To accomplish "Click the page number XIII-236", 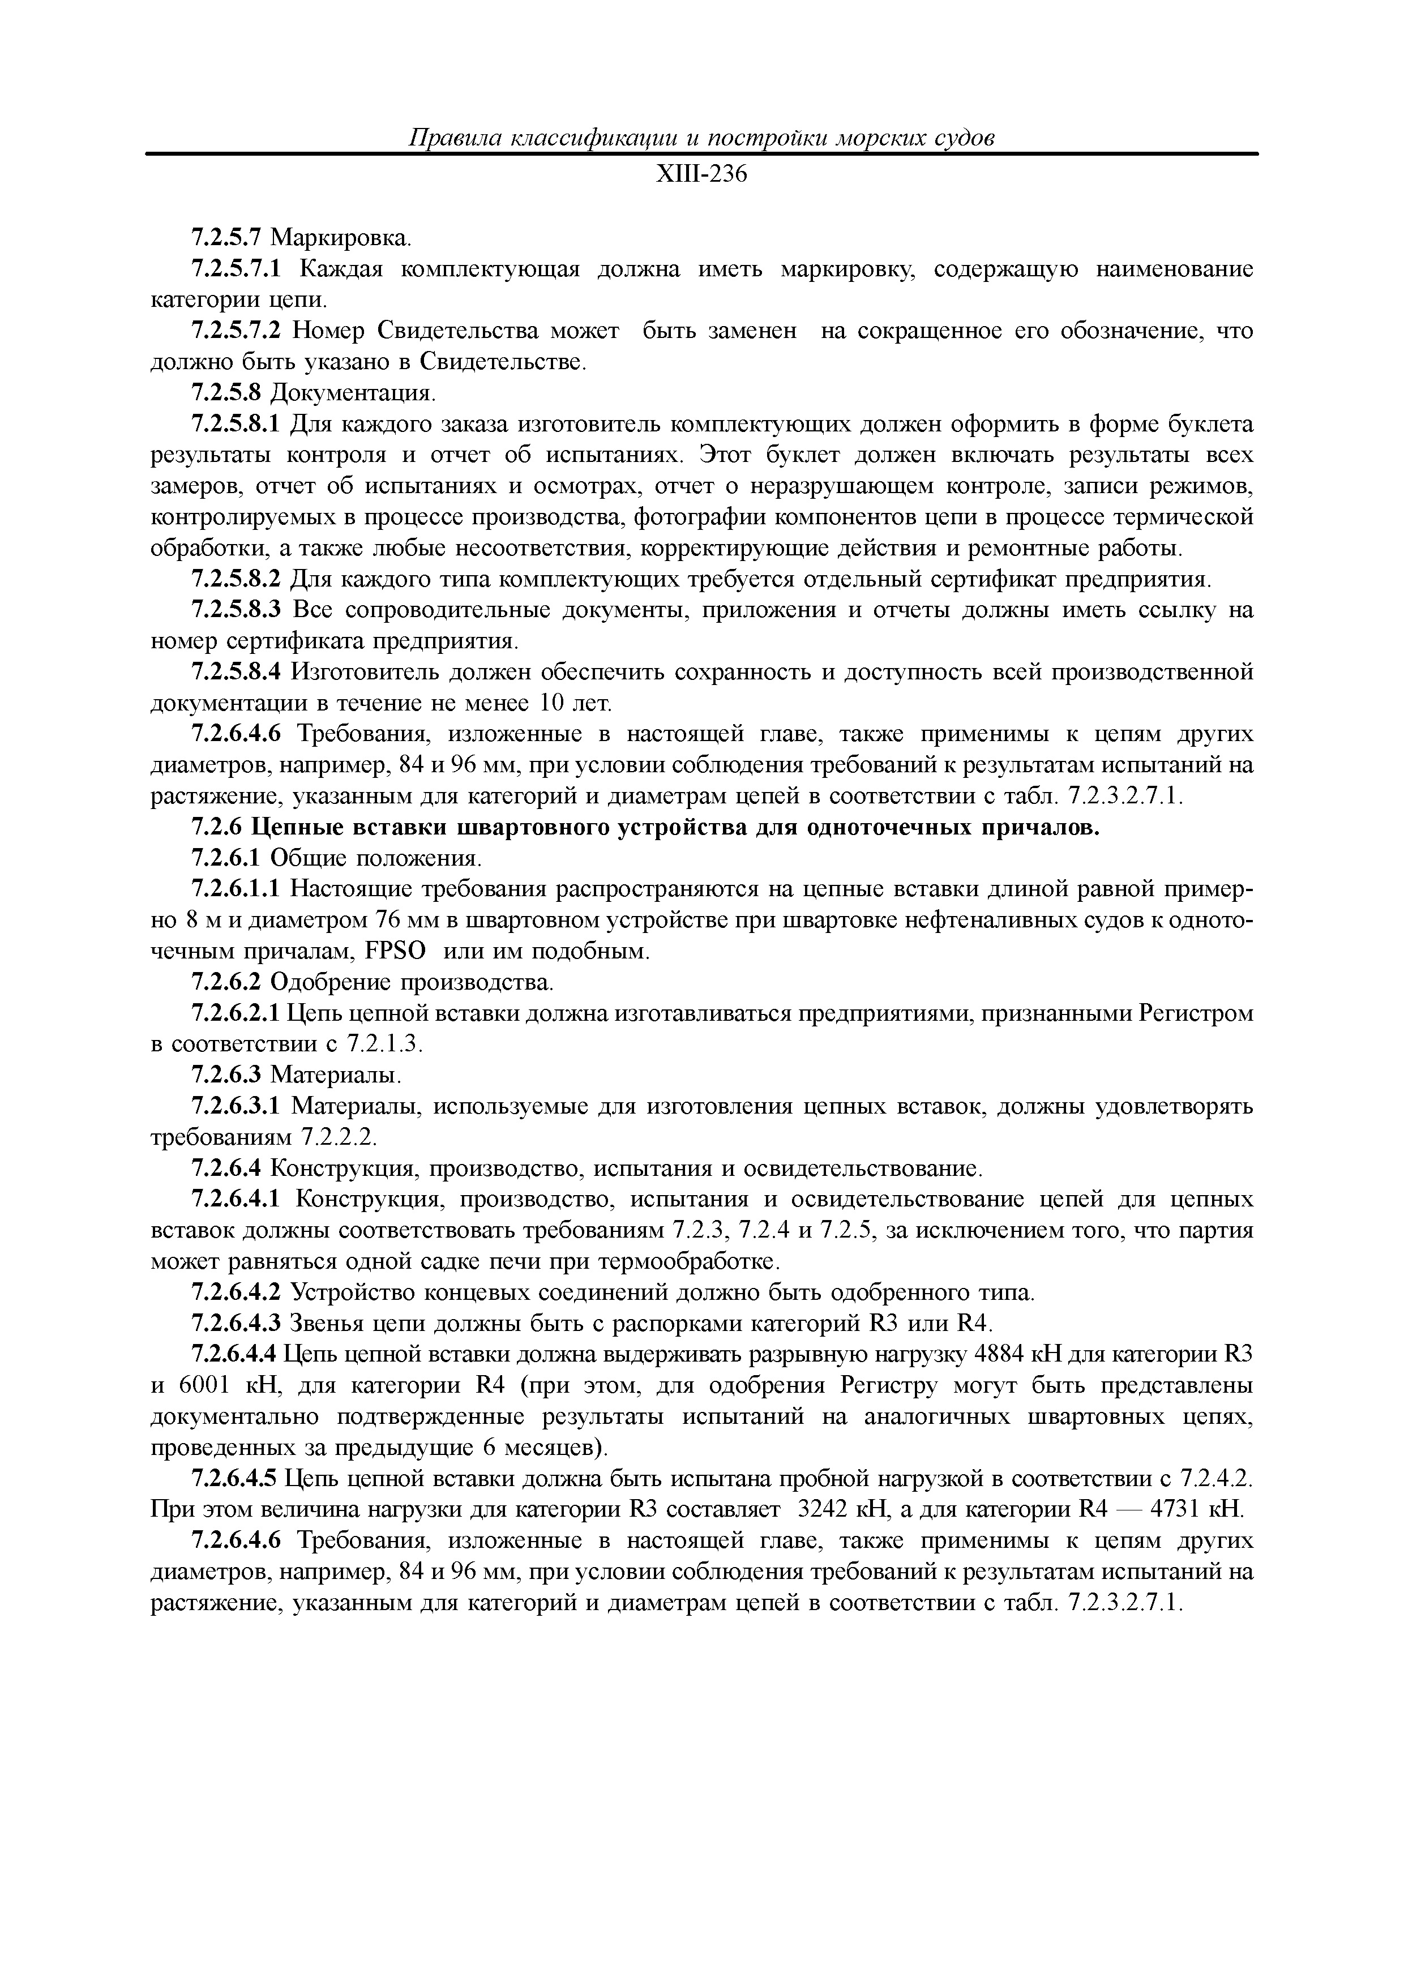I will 701,175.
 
